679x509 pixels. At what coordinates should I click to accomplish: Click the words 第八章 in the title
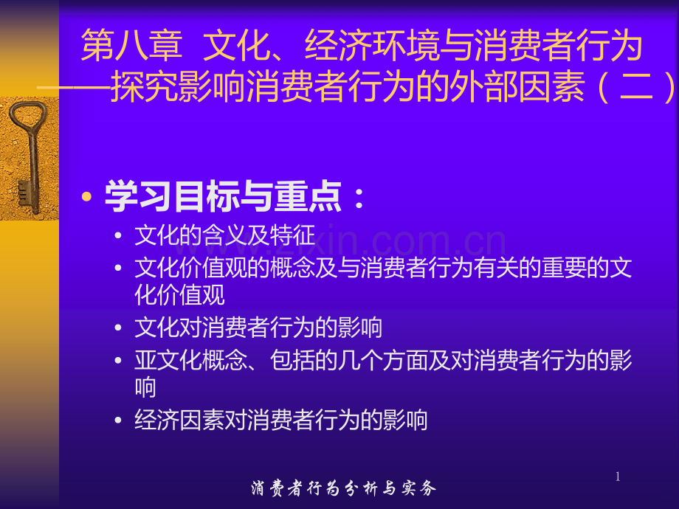click(131, 46)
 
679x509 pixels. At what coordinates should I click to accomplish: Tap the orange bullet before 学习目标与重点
click(88, 197)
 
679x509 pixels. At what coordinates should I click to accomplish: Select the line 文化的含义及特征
click(224, 235)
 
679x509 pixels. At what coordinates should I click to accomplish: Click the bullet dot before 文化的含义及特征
click(120, 236)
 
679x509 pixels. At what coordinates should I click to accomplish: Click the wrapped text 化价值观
click(179, 295)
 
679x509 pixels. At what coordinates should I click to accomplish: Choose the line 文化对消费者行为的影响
click(258, 327)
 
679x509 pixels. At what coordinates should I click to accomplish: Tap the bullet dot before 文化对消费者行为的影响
click(120, 328)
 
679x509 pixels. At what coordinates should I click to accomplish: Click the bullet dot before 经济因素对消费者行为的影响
click(120, 420)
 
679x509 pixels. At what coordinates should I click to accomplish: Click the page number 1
click(618, 477)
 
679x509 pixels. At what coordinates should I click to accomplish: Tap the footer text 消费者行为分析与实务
click(343, 488)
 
